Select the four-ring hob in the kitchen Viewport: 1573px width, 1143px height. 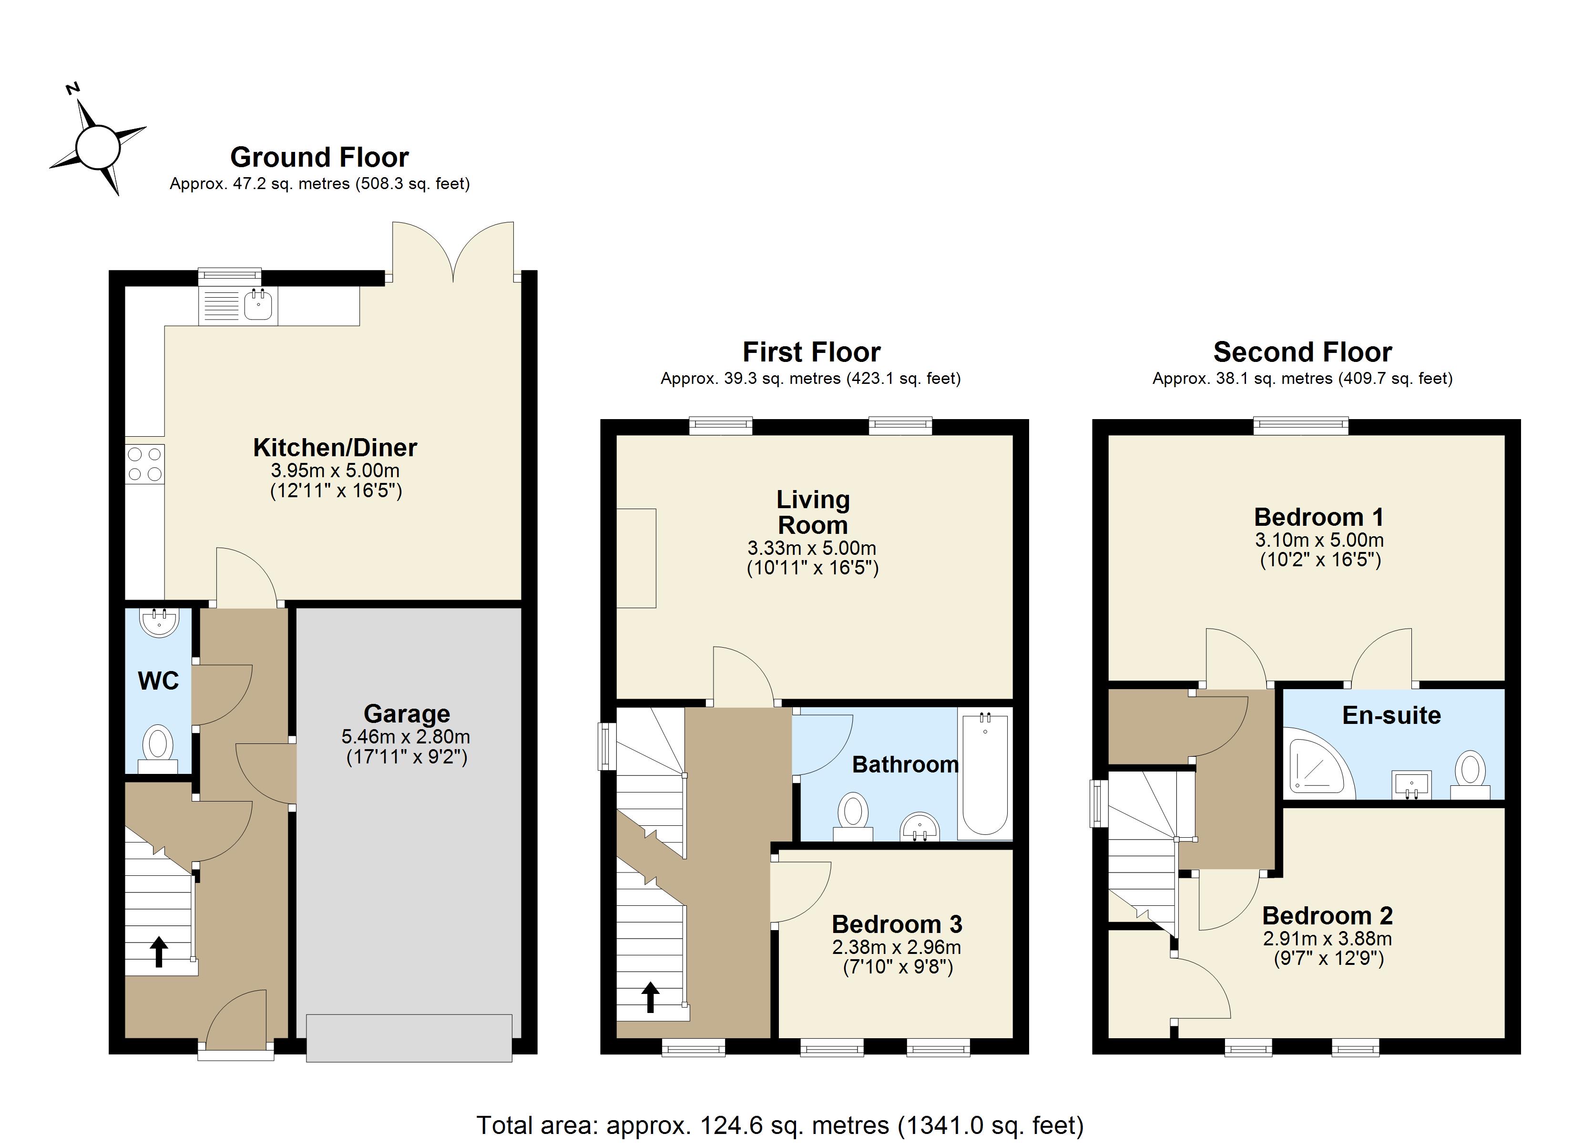click(145, 464)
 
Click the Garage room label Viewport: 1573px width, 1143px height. click(407, 714)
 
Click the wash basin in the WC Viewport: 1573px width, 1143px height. click(160, 622)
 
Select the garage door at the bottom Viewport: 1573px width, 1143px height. click(409, 1038)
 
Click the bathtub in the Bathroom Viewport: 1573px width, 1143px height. click(984, 773)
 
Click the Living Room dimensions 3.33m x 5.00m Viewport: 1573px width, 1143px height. click(811, 548)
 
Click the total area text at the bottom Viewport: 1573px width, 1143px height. click(779, 1124)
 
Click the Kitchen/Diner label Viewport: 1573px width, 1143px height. click(335, 448)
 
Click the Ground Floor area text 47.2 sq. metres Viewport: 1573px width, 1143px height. click(320, 184)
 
